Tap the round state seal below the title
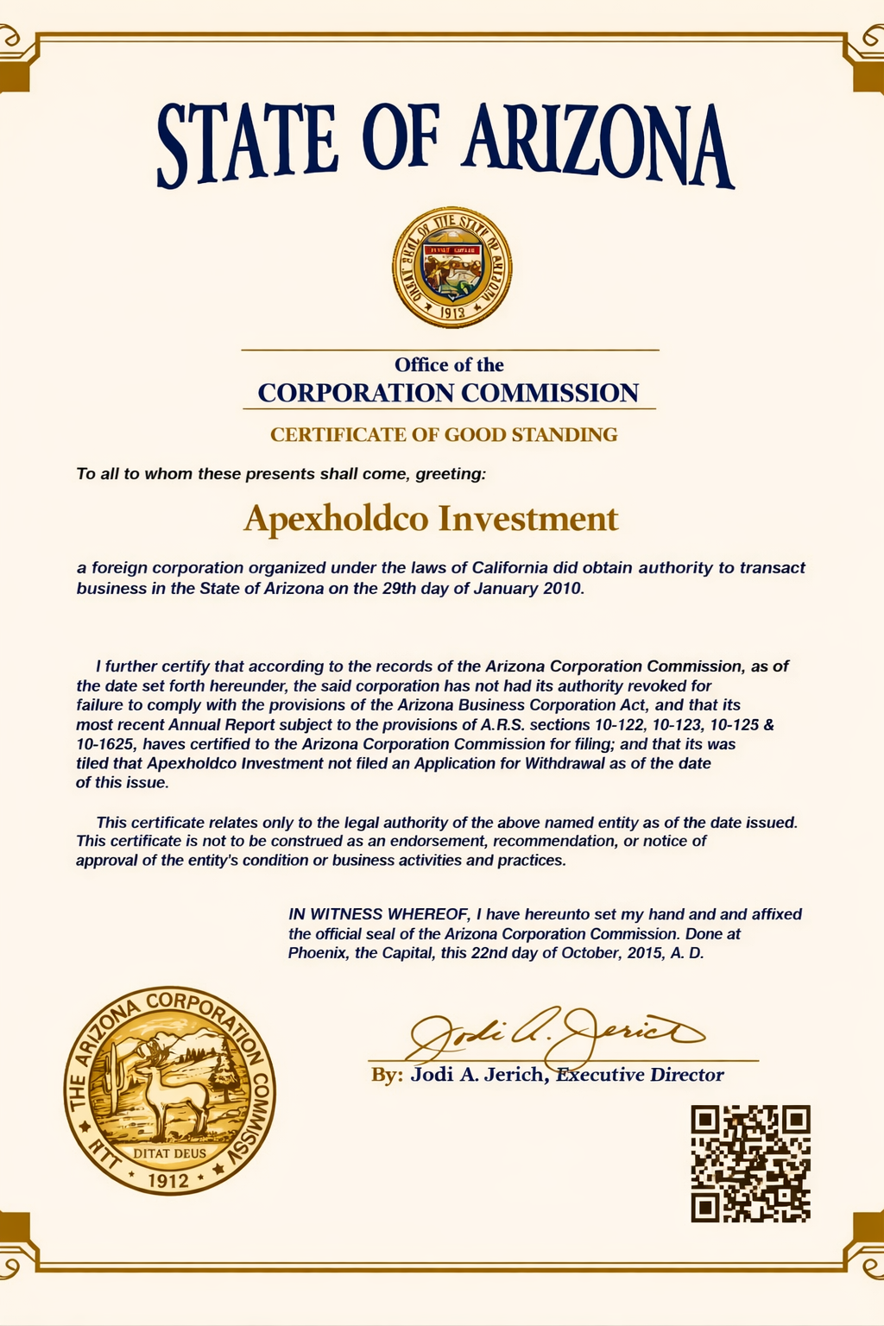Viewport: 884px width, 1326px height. pyautogui.click(x=451, y=267)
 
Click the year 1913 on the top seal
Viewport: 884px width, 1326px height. pyautogui.click(x=451, y=313)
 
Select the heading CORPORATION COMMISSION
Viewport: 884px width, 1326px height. pyautogui.click(x=448, y=393)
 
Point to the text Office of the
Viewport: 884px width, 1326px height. pyautogui.click(x=449, y=365)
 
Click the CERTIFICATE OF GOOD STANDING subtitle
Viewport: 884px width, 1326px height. pyautogui.click(x=444, y=434)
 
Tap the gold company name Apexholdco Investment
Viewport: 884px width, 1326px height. pyautogui.click(x=431, y=519)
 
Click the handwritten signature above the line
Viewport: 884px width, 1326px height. pyautogui.click(x=552, y=1032)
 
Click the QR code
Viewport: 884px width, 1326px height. pyautogui.click(x=750, y=1163)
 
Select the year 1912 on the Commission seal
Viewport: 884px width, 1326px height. pyautogui.click(x=169, y=1179)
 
